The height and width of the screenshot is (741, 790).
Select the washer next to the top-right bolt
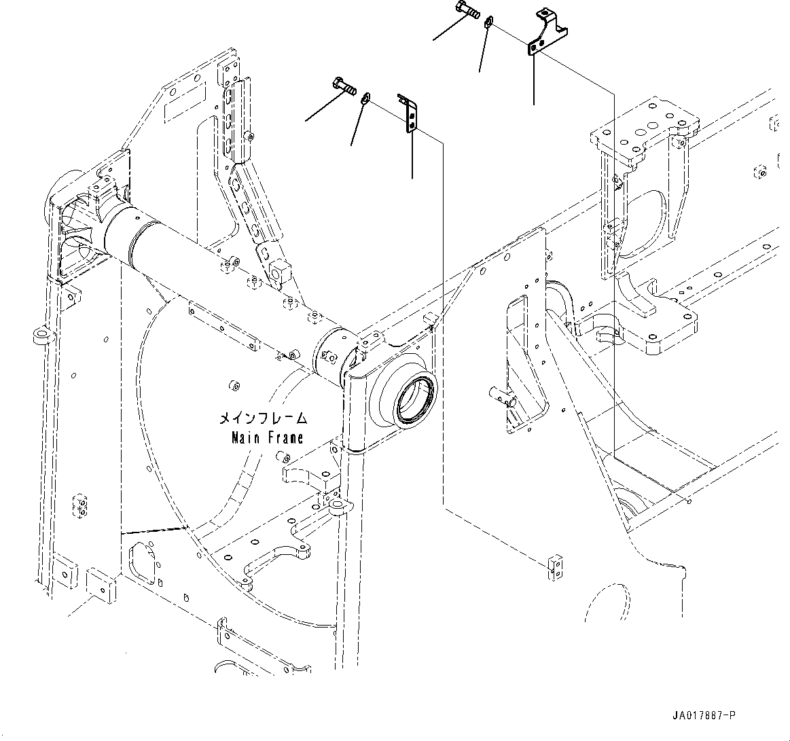coord(488,24)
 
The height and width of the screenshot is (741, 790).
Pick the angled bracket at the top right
coord(547,33)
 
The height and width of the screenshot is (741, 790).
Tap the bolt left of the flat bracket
coord(344,86)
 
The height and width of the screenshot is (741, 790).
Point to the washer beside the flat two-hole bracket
coord(367,98)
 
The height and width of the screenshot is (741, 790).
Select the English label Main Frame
coord(266,437)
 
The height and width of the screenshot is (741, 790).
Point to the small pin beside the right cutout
coord(501,395)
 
